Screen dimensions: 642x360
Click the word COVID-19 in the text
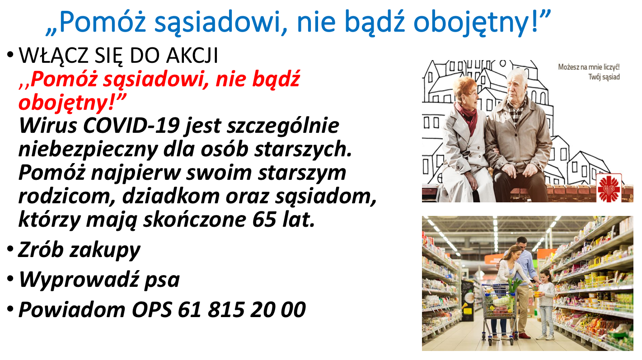point(131,126)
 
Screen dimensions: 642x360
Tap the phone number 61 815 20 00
point(242,310)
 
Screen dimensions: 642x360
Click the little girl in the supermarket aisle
point(545,304)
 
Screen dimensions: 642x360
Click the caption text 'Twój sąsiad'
point(604,77)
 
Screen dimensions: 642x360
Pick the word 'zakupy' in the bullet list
point(105,251)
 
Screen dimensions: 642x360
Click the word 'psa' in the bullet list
point(162,280)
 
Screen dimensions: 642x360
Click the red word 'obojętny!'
point(72,103)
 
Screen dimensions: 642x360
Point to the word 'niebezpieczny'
point(88,150)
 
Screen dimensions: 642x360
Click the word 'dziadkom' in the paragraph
point(171,196)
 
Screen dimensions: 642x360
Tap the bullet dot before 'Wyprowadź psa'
point(10,278)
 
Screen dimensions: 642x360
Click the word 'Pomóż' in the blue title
point(103,22)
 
